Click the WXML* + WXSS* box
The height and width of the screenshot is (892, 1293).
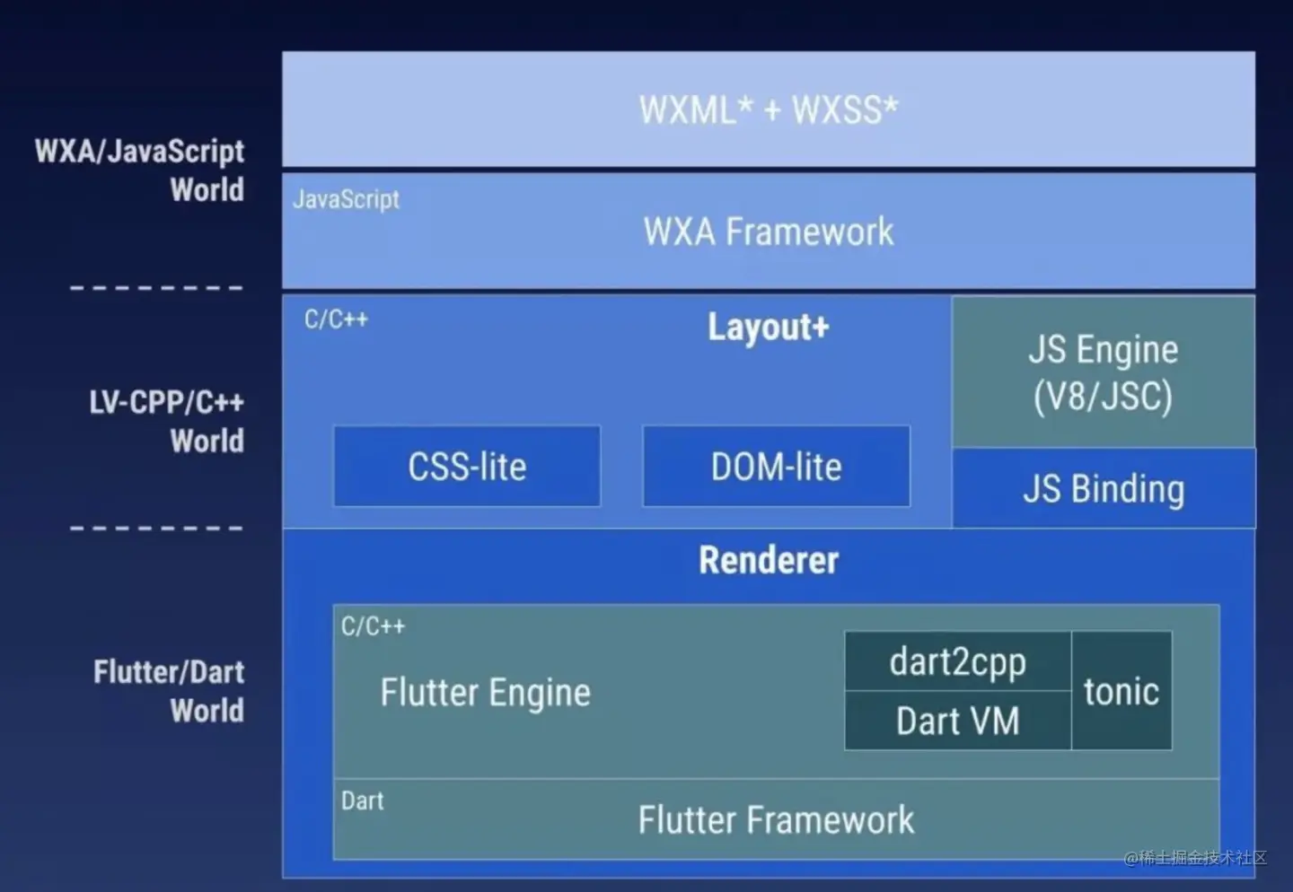pos(769,109)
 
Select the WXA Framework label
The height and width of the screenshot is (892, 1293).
pos(769,232)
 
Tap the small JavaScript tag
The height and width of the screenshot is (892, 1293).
pos(346,199)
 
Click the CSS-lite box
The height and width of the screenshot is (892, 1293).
pos(467,467)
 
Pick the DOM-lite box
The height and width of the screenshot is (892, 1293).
pos(776,467)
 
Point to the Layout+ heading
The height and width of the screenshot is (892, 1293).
pos(769,328)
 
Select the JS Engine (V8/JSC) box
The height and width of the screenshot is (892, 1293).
pos(1103,372)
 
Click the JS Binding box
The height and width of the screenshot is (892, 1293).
pos(1103,489)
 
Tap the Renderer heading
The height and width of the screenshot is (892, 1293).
pos(769,560)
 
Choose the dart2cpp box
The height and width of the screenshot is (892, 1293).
pos(957,662)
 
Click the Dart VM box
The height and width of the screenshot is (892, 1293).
pos(957,721)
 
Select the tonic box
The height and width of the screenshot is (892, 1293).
pos(1121,691)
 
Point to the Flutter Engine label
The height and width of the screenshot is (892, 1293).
pos(485,693)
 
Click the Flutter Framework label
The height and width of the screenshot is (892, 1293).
pos(776,820)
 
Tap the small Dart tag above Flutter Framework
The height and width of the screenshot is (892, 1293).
pos(362,800)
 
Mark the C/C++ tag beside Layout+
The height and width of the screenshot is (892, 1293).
pos(336,319)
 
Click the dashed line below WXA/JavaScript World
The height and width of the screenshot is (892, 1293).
pos(156,287)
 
